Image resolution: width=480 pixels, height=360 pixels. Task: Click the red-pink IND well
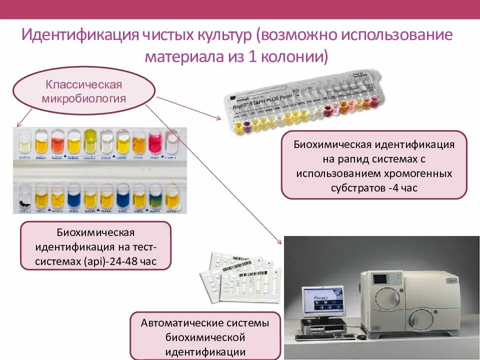pos(155,141)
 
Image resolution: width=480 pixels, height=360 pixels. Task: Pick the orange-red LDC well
pos(57,142)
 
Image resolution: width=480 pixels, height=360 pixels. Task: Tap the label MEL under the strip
pos(138,211)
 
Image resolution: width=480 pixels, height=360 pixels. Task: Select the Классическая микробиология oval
pos(84,91)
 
